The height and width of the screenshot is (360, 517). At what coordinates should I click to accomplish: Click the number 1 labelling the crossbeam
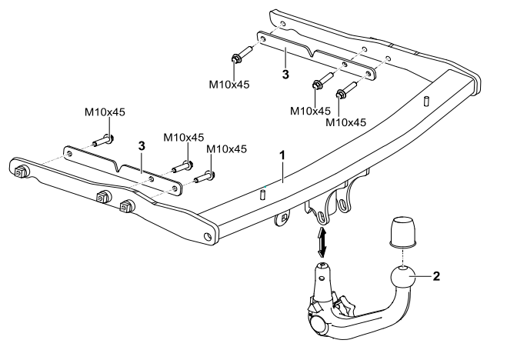(282, 155)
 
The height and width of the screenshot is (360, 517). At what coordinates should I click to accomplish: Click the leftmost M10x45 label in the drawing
(105, 112)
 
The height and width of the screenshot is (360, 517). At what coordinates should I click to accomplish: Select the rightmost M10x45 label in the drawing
(346, 122)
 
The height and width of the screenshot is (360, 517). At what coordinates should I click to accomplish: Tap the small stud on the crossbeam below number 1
(262, 194)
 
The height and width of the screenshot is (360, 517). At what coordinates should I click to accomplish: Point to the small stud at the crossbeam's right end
(426, 101)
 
